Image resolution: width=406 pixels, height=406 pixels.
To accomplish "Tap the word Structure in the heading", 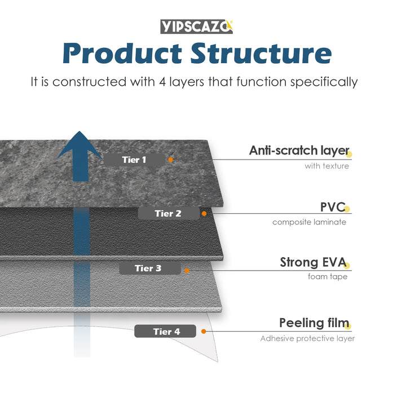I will (261, 54).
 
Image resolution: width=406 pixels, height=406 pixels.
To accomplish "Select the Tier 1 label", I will (134, 160).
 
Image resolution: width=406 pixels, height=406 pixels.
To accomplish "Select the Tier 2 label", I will (168, 214).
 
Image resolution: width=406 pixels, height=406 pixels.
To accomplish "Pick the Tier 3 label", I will (148, 268).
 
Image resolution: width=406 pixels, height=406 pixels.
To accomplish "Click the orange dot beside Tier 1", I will (171, 160).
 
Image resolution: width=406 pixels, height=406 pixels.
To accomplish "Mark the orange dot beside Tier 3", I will (187, 270).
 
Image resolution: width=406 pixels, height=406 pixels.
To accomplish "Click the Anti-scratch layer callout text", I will (299, 151).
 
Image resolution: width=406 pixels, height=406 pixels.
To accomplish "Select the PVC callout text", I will (332, 207).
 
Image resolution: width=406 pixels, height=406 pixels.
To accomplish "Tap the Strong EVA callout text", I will (313, 262).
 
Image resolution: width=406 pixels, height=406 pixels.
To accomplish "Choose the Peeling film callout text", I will (314, 323).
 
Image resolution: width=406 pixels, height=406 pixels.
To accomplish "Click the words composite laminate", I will (309, 222).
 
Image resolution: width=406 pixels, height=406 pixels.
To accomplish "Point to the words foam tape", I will (328, 277).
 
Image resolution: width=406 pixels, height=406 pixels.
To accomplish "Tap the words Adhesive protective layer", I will (307, 339).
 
